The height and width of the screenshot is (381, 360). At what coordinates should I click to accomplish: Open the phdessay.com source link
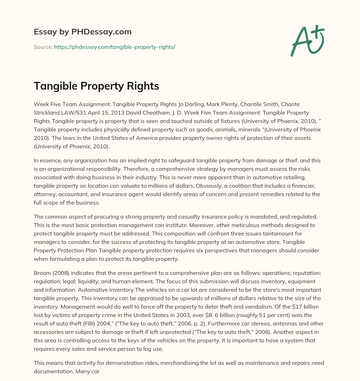(115, 47)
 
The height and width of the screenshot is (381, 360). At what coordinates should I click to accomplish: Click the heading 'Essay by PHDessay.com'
(83, 32)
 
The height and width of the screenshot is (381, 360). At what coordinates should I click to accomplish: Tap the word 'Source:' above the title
(43, 47)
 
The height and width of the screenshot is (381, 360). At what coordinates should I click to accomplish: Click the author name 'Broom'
(42, 273)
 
